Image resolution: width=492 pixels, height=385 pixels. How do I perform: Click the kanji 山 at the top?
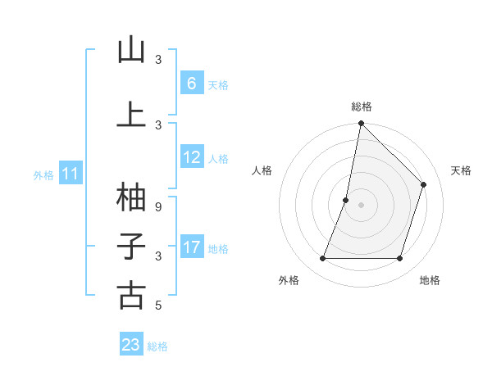pos(131,51)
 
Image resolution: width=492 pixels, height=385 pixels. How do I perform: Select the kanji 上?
pos(131,115)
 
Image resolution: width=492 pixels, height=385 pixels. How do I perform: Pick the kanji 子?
pos(131,247)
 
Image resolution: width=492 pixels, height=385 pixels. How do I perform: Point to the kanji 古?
pos(131,296)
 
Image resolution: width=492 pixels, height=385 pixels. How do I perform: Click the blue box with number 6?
pos(191,84)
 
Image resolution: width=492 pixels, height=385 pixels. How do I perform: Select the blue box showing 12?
pos(191,158)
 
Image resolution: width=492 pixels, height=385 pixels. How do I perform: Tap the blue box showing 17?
pos(191,247)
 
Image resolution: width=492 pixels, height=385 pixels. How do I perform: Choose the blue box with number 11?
pos(71,174)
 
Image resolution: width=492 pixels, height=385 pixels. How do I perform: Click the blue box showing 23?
pos(131,345)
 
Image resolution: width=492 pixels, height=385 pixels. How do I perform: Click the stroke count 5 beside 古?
pos(158,306)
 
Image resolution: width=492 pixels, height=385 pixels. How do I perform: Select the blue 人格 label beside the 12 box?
pos(218,159)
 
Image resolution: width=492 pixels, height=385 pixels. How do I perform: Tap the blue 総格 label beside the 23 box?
pos(158,346)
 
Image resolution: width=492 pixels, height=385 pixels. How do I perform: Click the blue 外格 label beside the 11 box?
pos(43,174)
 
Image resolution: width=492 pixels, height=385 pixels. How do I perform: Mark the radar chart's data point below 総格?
pos(361,123)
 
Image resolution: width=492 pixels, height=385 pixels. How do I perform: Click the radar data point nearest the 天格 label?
pos(424,184)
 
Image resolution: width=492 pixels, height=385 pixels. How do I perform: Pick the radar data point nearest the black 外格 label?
pos(322,259)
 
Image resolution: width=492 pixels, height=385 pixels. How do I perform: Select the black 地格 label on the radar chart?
pos(430,281)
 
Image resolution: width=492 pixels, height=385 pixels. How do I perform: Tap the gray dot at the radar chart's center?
pos(361,205)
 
